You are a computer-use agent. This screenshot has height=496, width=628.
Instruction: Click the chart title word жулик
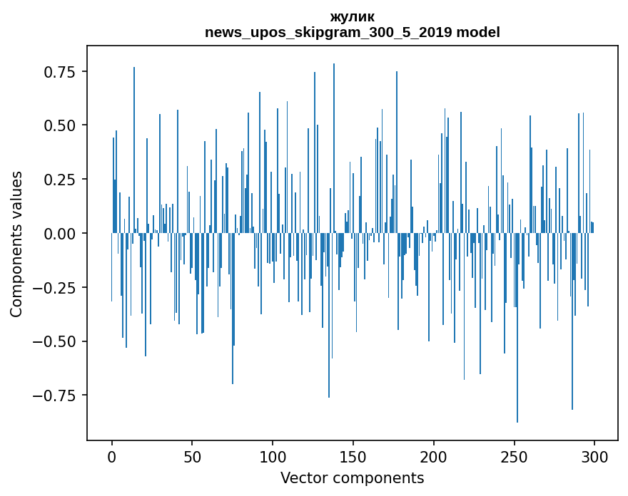click(x=352, y=16)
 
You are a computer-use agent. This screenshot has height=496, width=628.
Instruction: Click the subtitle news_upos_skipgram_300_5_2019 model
click(x=352, y=32)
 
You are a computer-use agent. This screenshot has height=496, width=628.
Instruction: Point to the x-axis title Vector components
click(x=352, y=478)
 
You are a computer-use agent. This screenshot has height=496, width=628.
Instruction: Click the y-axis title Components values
click(x=16, y=244)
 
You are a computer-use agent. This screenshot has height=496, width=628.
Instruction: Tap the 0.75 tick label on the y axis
click(x=65, y=72)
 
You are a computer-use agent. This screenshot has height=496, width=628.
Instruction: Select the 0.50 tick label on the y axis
click(x=65, y=125)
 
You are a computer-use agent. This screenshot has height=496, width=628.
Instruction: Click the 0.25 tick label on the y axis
click(x=65, y=180)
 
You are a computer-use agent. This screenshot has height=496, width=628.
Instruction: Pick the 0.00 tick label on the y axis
click(x=65, y=234)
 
